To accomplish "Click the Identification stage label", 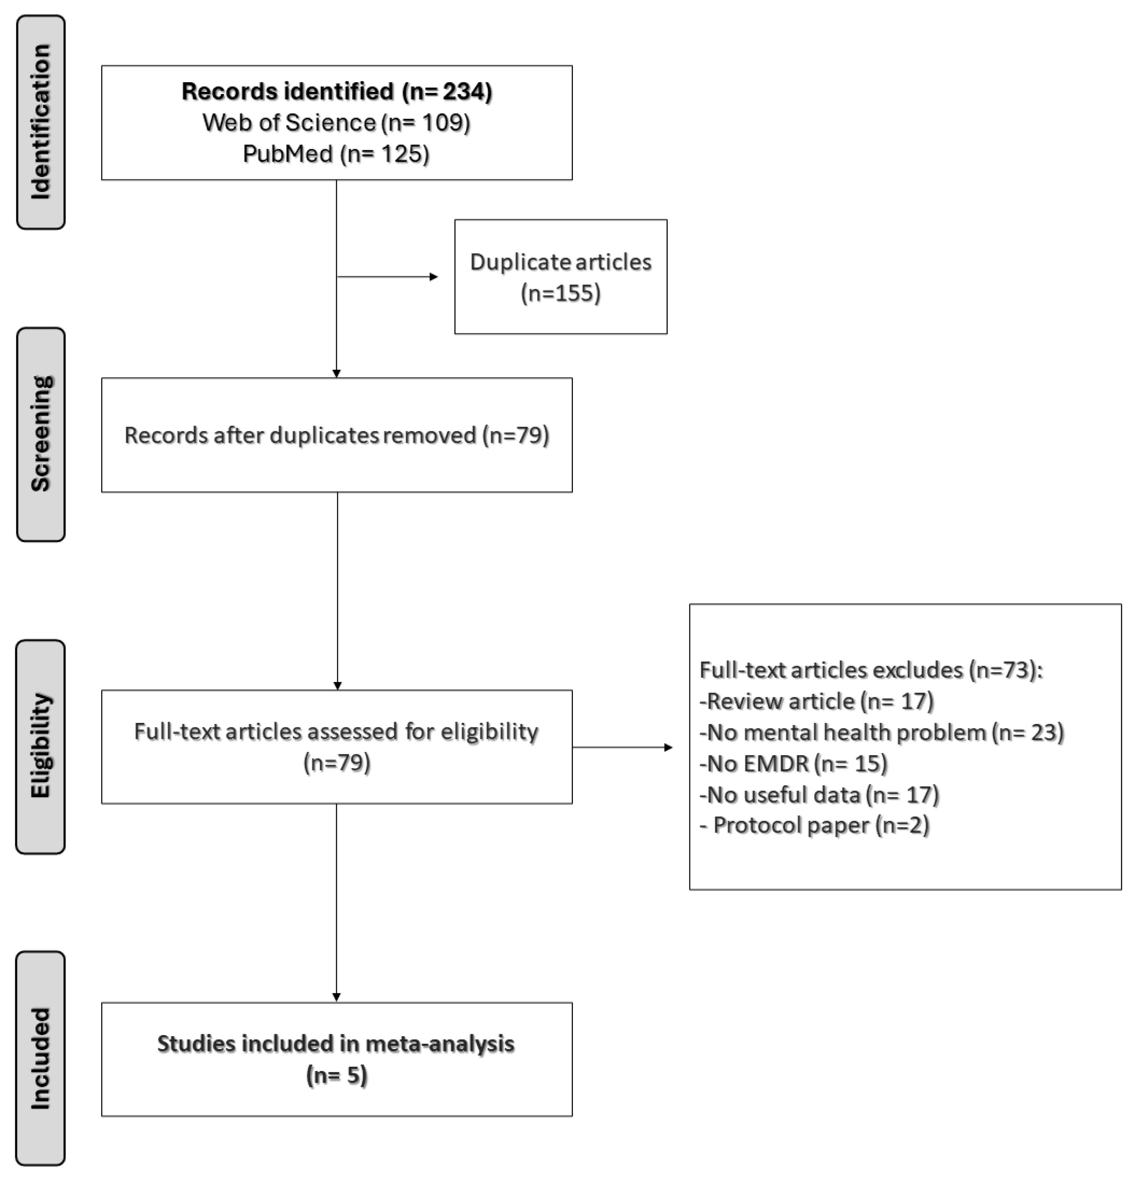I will coord(40,122).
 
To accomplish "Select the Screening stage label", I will coord(40,434).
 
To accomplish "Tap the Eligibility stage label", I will coord(40,746).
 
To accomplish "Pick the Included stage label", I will coord(40,1058).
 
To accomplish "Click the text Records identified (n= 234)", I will coord(337,91).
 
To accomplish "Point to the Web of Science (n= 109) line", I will coord(337,123).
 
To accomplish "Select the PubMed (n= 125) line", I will coord(337,154).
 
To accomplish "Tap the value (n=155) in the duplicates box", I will coord(560,293).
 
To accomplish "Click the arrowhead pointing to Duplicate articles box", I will coord(434,277).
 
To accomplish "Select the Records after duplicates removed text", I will coord(337,435).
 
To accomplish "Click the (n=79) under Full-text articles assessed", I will coord(337,763).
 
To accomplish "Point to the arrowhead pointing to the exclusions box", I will coord(668,748).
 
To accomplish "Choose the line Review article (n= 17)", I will coord(816,701).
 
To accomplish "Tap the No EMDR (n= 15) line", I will coord(794,764).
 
